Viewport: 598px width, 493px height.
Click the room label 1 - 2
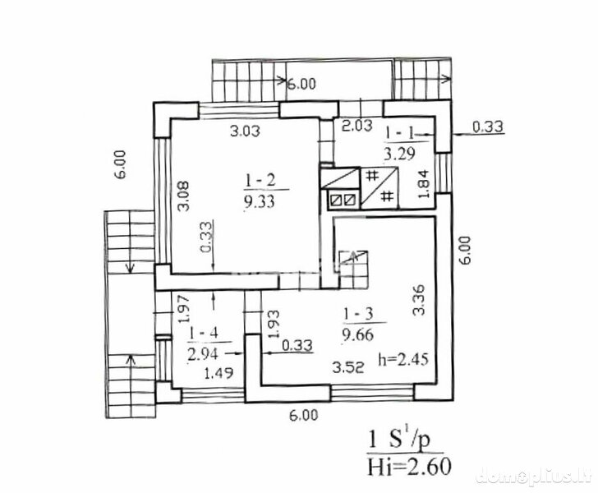coord(260,181)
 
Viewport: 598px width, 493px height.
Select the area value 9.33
coord(260,200)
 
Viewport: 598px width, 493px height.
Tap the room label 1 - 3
coord(358,315)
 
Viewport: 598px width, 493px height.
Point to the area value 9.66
coord(358,334)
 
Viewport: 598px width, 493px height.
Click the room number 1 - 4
coord(203,334)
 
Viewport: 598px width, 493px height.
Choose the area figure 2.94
coord(203,353)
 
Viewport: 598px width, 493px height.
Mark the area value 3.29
coord(399,154)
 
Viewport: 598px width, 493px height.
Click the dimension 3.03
coord(246,131)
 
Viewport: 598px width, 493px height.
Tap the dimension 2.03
coord(356,126)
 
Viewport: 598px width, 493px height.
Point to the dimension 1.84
coord(425,183)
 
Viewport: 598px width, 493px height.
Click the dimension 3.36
coord(418,300)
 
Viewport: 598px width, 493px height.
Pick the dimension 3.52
coord(347,367)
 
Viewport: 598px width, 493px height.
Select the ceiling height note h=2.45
coord(403,359)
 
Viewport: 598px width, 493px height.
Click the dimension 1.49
coord(218,372)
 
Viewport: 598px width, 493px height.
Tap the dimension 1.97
coord(186,308)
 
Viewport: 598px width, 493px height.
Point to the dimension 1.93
coord(274,324)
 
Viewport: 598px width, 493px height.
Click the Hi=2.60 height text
coord(409,466)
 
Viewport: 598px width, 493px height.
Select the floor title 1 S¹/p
coord(399,440)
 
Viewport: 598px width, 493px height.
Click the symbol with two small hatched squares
coord(343,200)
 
